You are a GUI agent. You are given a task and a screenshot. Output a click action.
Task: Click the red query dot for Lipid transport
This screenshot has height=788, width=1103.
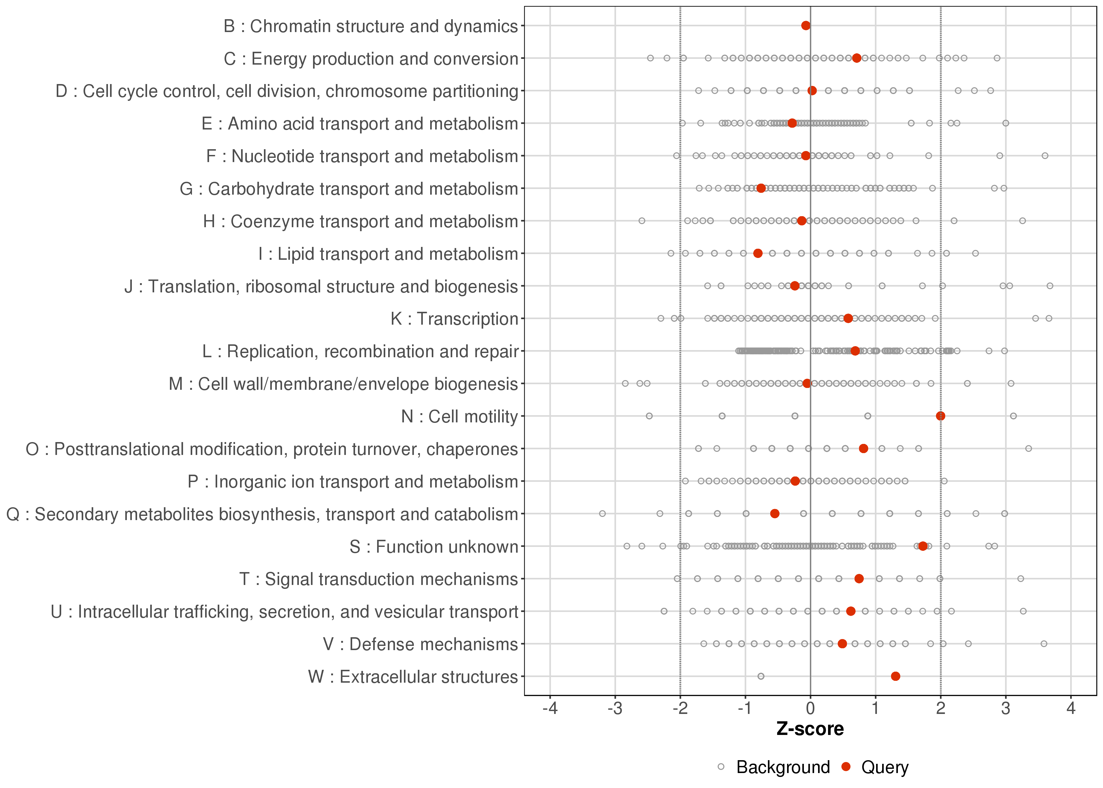758,253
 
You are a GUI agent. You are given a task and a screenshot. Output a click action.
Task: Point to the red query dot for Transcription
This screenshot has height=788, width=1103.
848,318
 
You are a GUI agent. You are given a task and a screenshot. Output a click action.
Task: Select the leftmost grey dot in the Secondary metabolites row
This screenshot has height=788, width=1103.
602,513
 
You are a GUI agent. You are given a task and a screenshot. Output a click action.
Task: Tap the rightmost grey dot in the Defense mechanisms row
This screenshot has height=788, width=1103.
1044,644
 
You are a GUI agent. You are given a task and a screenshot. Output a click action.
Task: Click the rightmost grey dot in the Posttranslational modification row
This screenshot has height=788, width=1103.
1028,448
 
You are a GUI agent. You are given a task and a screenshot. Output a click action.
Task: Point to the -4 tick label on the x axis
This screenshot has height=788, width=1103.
550,709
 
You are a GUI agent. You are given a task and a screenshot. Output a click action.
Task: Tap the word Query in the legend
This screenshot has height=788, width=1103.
885,767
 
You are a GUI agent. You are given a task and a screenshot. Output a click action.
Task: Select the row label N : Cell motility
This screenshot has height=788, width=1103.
459,416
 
